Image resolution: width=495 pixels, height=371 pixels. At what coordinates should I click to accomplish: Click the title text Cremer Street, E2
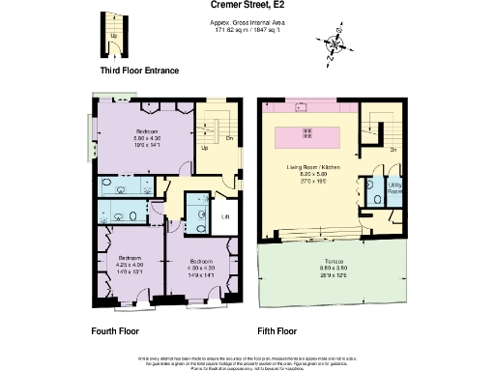point(247,5)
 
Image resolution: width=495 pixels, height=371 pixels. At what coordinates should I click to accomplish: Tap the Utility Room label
point(394,188)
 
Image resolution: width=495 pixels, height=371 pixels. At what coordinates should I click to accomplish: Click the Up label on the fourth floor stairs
point(205,149)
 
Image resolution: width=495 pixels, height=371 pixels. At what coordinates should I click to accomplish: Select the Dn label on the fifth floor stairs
point(394,150)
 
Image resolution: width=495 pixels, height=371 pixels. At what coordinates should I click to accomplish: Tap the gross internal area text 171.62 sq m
point(247,29)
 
